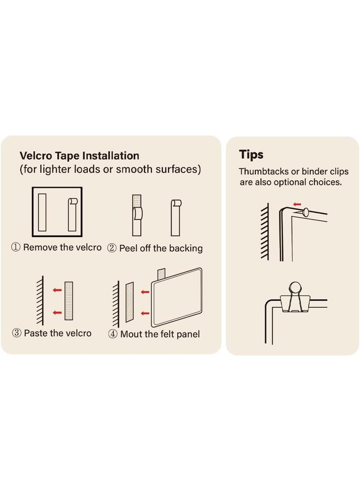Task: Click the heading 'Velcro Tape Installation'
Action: [x=79, y=156]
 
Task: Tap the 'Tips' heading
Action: [x=251, y=155]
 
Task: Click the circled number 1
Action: [x=16, y=247]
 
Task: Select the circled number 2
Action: [x=112, y=248]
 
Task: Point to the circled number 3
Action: [x=17, y=333]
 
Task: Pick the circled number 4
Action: [x=112, y=334]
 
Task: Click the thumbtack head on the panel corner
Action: [x=306, y=212]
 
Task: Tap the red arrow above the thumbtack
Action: [x=297, y=204]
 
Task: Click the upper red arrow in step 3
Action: [x=57, y=290]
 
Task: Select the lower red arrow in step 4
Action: [x=145, y=313]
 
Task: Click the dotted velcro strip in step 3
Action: [x=69, y=301]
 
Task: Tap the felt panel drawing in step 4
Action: [x=176, y=297]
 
